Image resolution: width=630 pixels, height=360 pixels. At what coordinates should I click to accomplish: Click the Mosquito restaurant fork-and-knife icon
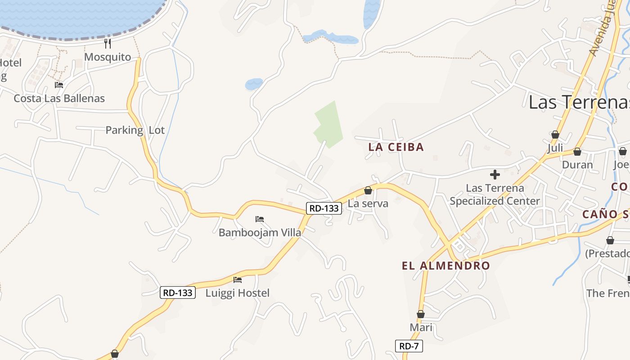(108, 44)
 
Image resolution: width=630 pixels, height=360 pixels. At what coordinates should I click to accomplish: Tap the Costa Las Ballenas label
(59, 98)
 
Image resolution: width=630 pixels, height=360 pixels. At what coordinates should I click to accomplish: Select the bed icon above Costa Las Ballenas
(59, 85)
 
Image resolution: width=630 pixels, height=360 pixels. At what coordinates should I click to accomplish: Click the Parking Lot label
(135, 130)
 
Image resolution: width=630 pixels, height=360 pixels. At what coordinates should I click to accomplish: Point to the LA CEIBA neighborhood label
(396, 147)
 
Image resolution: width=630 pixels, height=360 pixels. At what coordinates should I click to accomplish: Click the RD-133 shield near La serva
(324, 208)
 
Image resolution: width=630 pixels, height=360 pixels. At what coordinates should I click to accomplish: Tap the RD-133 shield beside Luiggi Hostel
(178, 292)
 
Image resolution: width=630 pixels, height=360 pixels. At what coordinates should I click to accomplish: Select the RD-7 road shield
(409, 346)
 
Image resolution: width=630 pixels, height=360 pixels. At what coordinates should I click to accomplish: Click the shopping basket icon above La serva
(368, 190)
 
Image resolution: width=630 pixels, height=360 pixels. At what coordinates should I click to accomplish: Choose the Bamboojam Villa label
(260, 233)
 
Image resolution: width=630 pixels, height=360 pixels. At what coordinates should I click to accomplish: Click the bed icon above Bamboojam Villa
(260, 219)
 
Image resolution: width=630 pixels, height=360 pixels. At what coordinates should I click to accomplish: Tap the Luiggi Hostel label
(238, 293)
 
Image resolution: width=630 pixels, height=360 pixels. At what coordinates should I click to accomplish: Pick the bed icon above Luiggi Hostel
(238, 279)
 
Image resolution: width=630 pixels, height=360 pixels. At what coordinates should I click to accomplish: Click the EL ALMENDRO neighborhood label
(445, 265)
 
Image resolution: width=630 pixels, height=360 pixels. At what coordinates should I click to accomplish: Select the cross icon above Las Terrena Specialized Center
(495, 175)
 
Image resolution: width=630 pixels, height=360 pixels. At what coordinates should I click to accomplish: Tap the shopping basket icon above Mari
(421, 314)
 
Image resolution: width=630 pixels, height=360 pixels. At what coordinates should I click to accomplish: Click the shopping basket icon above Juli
(555, 135)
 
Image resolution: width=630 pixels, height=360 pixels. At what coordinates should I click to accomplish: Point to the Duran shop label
(577, 165)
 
